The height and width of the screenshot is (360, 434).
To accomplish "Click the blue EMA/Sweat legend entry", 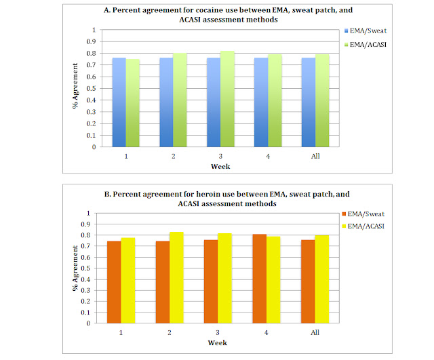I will (x=366, y=31).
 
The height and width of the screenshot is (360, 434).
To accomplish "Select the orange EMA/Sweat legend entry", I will (x=366, y=213).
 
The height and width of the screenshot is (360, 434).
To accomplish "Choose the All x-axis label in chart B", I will (x=315, y=333).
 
